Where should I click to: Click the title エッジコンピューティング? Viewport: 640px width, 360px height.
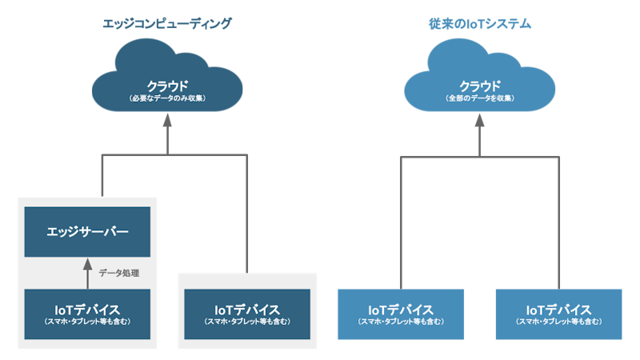tap(166, 24)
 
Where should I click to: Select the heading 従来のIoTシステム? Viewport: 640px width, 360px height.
tap(479, 24)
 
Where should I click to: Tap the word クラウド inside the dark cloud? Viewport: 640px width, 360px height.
tap(167, 86)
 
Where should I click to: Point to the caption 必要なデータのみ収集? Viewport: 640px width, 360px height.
tap(167, 98)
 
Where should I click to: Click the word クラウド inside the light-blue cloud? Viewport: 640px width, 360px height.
tap(479, 86)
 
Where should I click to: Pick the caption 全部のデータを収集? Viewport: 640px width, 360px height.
tap(479, 98)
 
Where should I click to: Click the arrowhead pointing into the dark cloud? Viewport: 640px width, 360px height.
tap(167, 121)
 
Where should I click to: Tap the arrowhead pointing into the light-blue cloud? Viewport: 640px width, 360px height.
tap(479, 121)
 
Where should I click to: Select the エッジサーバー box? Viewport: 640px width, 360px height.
tap(87, 232)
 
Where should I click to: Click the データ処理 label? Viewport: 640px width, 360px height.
tap(119, 273)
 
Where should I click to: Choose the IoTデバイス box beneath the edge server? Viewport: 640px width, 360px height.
tap(87, 314)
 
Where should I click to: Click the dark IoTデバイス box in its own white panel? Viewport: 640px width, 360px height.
tap(247, 314)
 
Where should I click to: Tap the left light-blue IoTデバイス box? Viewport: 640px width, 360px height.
tap(401, 314)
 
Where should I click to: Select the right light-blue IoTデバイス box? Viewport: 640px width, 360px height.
tap(558, 314)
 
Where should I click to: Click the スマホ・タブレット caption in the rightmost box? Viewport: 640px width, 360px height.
tap(558, 322)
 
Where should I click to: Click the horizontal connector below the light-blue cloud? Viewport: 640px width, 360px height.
tap(479, 154)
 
